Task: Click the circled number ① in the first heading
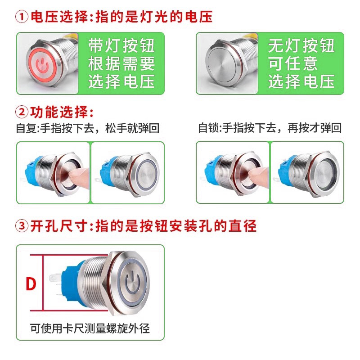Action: [x=22, y=17]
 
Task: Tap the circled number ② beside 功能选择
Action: [x=22, y=112]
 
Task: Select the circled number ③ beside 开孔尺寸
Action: [x=22, y=226]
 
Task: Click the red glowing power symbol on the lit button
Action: [x=42, y=65]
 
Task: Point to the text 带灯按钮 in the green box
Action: [x=121, y=46]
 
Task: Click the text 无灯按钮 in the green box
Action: [x=301, y=46]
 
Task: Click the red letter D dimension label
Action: [x=31, y=284]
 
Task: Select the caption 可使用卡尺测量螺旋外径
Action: [x=90, y=328]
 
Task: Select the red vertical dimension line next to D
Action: [x=43, y=283]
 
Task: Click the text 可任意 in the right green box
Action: [x=293, y=63]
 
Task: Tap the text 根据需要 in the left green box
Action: [x=121, y=63]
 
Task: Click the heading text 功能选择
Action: [x=59, y=112]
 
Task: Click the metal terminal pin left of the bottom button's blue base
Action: [x=55, y=278]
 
